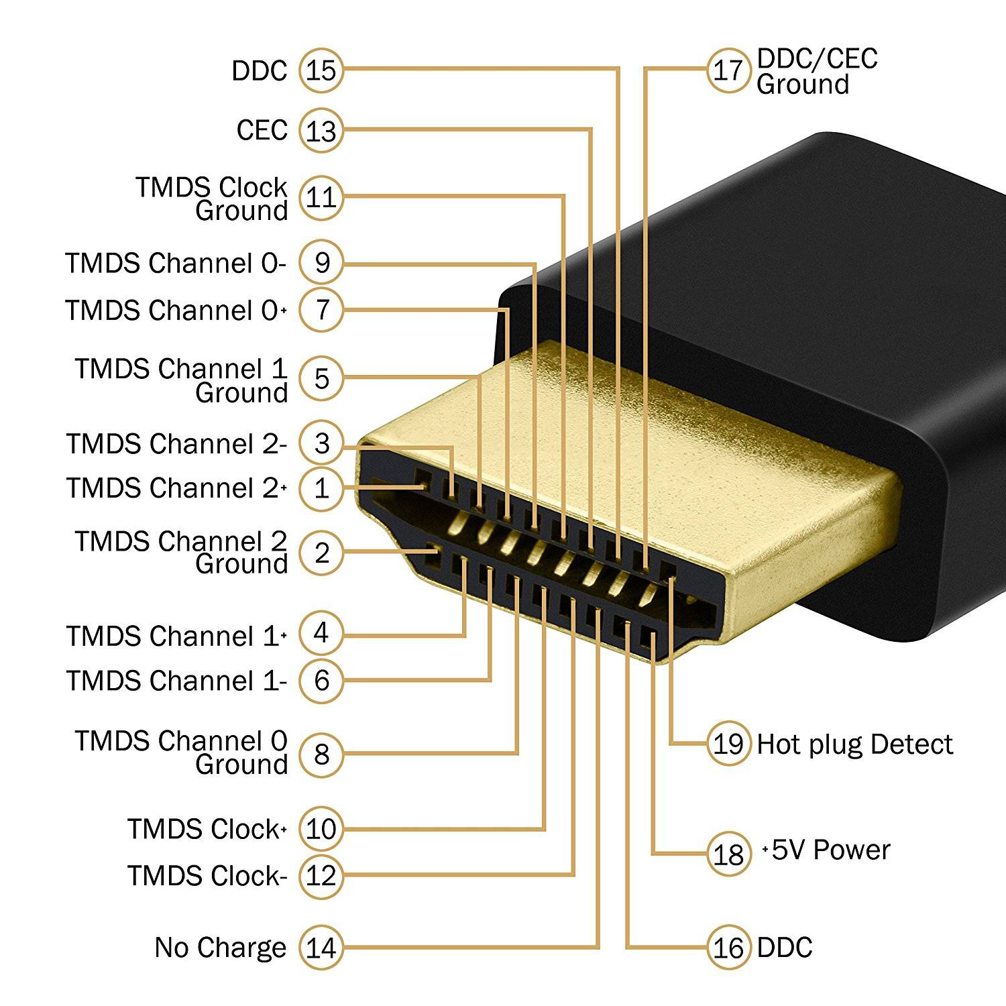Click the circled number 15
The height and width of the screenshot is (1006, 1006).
point(321,70)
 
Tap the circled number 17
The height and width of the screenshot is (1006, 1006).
point(728,70)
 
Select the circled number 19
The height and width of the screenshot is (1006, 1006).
point(728,744)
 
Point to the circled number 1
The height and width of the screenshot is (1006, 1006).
point(321,488)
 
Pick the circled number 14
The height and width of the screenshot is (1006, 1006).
point(321,948)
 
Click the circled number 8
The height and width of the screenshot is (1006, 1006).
point(321,754)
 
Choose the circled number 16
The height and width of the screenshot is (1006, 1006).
point(728,948)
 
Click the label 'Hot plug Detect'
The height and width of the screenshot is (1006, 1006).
point(854,744)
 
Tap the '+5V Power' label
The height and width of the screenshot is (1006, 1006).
point(826,850)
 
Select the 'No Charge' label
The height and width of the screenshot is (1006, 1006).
point(220,948)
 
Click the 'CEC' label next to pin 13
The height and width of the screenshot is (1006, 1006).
point(262,130)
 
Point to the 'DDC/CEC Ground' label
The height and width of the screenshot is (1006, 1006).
point(816,71)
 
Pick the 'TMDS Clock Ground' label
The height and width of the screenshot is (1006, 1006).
point(212,199)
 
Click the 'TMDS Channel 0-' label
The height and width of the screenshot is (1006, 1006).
point(176,263)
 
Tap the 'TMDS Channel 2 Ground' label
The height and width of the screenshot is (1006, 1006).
point(181,552)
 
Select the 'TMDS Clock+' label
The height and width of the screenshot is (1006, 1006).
point(207,830)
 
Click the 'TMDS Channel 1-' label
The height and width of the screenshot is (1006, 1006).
point(176,681)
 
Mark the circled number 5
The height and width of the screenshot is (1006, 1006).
point(321,379)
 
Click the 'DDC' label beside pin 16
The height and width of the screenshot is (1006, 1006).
point(785,948)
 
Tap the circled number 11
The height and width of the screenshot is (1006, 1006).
point(321,198)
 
